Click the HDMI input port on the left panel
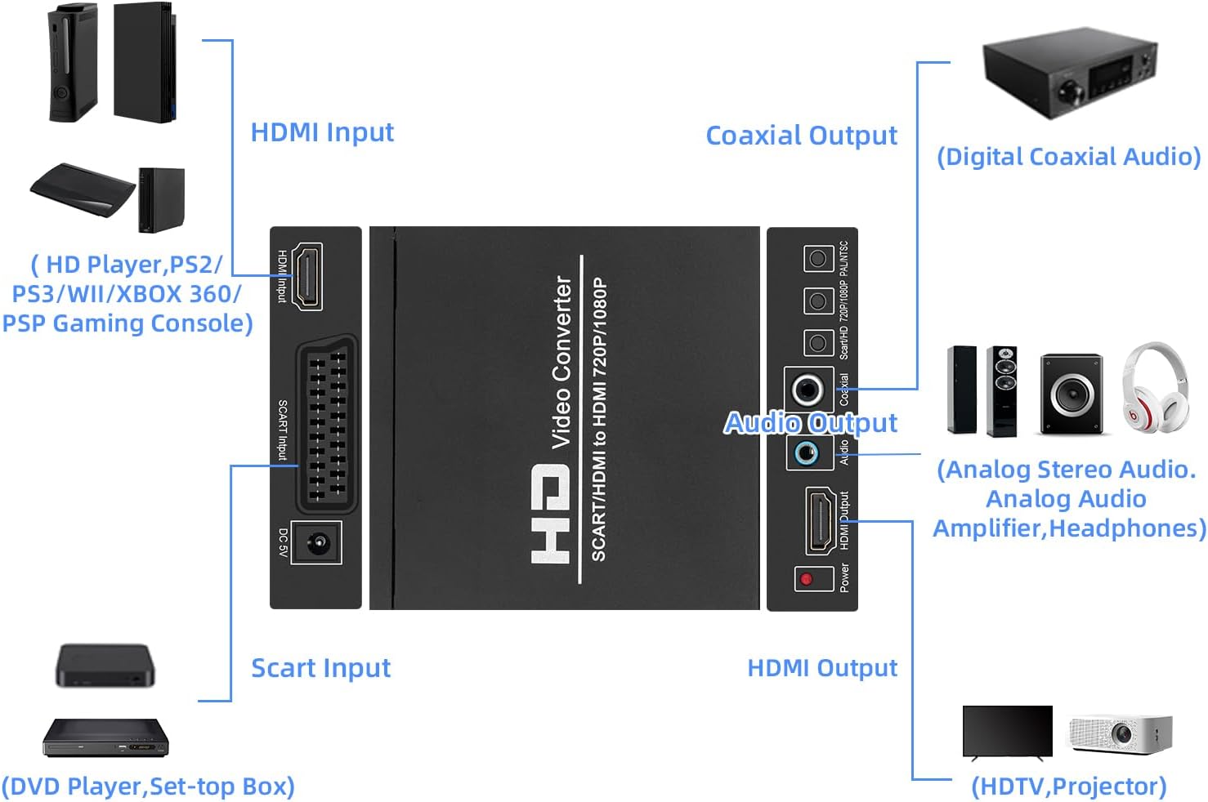click(x=307, y=276)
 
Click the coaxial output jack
click(x=808, y=390)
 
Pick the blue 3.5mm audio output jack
click(x=808, y=452)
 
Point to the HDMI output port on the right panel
click(x=820, y=521)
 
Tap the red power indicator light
click(x=807, y=579)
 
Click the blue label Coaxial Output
click(x=801, y=136)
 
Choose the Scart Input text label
click(x=320, y=668)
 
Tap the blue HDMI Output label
click(x=822, y=668)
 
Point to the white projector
click(x=1120, y=733)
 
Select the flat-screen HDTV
click(x=1007, y=733)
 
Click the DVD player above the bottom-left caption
click(x=105, y=737)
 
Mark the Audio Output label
click(x=811, y=423)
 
